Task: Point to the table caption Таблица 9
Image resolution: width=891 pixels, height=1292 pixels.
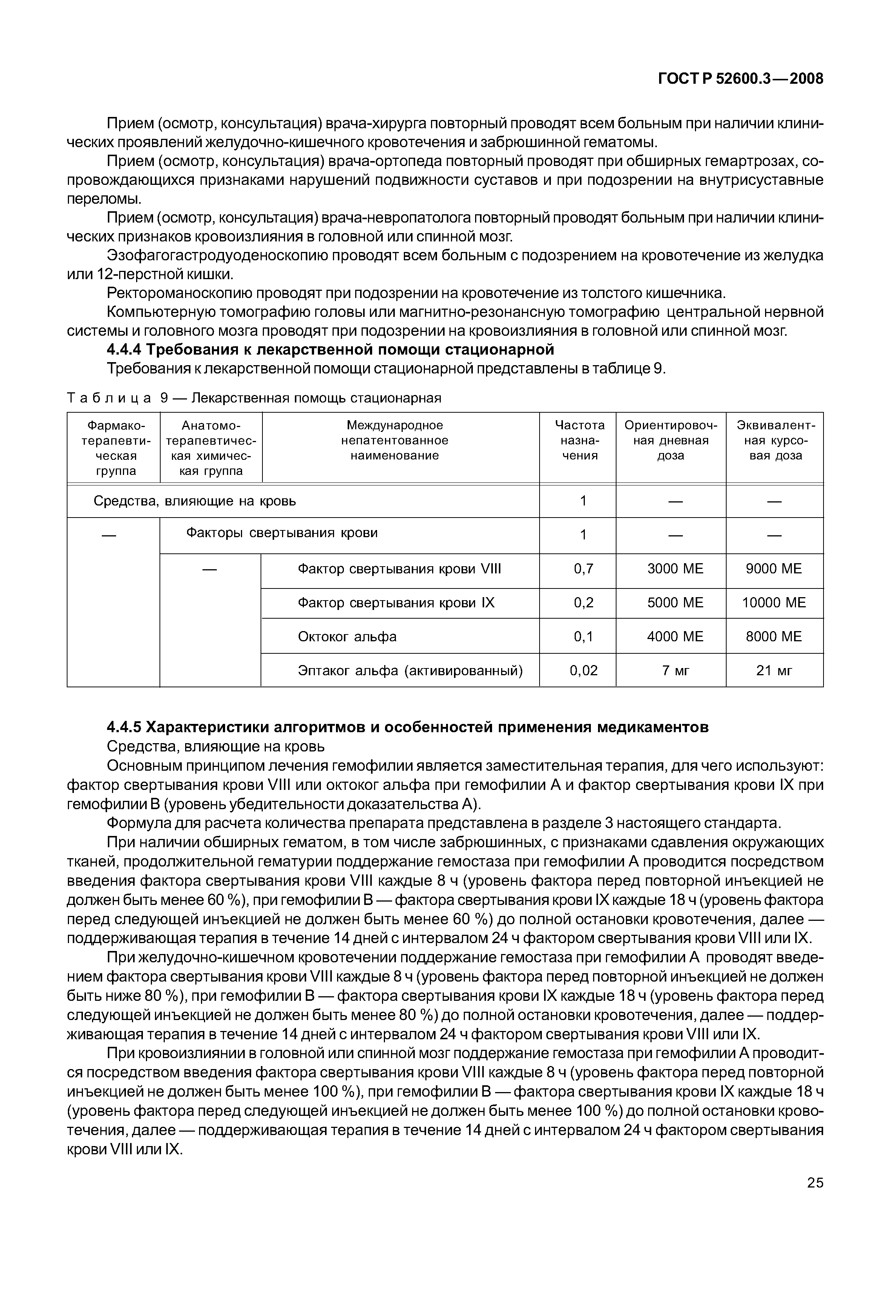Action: [254, 398]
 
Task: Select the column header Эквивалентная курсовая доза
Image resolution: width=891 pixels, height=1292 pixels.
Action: [775, 440]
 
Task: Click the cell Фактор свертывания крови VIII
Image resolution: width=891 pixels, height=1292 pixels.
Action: [399, 568]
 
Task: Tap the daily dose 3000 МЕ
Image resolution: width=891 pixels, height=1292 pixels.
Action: [675, 568]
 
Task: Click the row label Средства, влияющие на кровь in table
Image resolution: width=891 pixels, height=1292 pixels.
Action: [194, 501]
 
